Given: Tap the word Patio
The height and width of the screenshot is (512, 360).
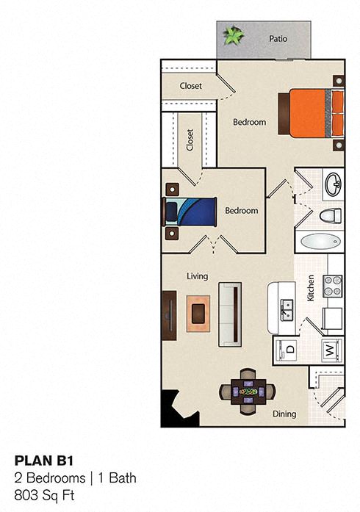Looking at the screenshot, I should point(277,40).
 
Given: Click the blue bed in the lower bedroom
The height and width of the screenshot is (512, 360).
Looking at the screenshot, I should point(190,211).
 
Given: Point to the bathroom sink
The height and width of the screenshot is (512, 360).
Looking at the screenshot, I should point(333,184).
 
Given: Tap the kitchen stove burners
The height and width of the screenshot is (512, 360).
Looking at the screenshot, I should point(333,284).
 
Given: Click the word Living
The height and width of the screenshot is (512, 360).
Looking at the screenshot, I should point(197,276).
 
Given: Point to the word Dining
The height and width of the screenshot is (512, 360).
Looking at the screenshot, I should point(284,414).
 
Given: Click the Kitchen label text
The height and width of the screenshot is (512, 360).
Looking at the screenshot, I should point(311,288).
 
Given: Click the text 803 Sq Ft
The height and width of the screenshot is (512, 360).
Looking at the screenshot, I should point(45,495).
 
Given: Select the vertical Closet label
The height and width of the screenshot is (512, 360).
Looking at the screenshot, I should point(190,140).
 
